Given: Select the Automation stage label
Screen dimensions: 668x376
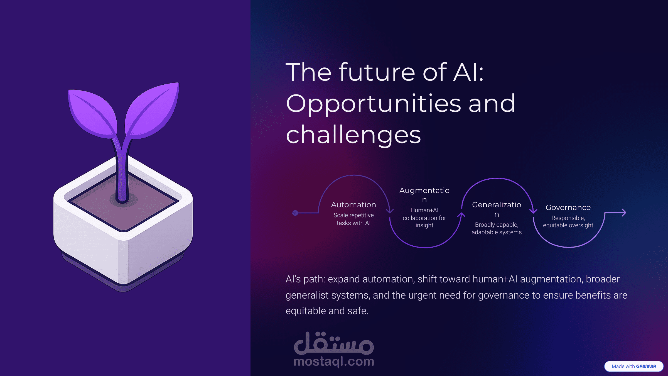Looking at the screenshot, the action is tap(353, 205).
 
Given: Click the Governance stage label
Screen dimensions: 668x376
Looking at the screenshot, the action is tap(568, 207).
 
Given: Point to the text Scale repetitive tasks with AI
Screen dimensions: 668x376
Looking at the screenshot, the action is tap(353, 219).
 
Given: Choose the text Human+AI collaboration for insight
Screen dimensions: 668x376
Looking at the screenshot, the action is tap(424, 218).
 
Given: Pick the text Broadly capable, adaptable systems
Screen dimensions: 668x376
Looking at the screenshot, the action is tap(497, 228).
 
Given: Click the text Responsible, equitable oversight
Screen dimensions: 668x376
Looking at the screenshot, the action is tap(568, 221).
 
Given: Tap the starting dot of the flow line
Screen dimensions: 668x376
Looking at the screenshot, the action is tap(295, 213).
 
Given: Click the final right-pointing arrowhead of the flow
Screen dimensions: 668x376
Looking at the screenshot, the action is tap(624, 213).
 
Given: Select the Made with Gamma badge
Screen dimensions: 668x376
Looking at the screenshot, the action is tap(634, 366).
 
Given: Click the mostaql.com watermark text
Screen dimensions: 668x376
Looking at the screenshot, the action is tap(334, 362).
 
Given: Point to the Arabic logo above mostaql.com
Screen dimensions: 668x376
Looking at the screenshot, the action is tap(334, 343).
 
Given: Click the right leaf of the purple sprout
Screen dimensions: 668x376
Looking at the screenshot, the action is tap(152, 110).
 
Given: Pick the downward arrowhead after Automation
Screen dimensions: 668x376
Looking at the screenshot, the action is tap(390, 211).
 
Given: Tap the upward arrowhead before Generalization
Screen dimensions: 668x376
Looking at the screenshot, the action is tap(461, 215).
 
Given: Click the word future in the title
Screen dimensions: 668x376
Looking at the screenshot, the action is tap(377, 72).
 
